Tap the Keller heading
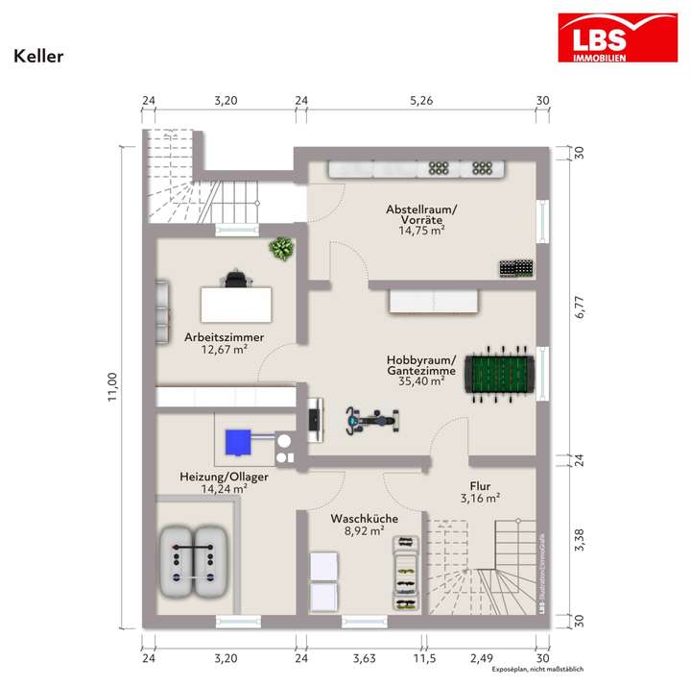[x=38, y=56]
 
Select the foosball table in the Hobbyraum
[x=500, y=375]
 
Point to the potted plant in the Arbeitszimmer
[x=280, y=249]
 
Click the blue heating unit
[x=237, y=442]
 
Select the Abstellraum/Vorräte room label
[x=421, y=214]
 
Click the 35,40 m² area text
[x=421, y=381]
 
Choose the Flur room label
[x=480, y=486]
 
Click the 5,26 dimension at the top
[x=421, y=100]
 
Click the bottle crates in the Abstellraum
[x=515, y=267]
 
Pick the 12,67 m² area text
[x=225, y=350]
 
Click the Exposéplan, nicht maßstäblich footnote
[x=537, y=670]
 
